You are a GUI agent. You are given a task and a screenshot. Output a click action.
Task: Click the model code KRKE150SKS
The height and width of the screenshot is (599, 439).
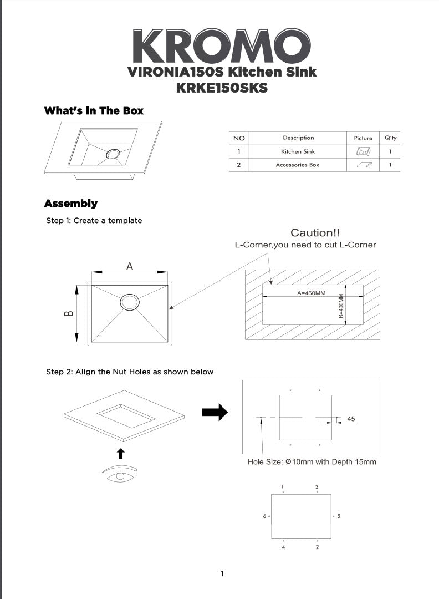[222, 88]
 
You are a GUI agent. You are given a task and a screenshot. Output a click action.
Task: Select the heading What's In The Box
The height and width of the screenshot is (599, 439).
[94, 111]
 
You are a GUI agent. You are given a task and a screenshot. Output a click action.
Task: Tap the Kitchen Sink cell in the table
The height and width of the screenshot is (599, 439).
[298, 151]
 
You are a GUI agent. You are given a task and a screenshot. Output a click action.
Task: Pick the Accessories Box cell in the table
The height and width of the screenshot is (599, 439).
[298, 165]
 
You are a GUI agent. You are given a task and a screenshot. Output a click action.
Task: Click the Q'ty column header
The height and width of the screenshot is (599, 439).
[390, 138]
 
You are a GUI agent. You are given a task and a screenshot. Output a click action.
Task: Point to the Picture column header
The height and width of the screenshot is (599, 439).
[363, 138]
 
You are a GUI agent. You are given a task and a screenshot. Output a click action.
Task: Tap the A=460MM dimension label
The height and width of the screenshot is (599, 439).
[312, 293]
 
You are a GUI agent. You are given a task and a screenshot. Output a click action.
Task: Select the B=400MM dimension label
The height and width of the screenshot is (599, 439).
[341, 306]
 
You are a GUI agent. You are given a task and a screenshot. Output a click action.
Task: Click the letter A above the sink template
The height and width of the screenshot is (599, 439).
[130, 266]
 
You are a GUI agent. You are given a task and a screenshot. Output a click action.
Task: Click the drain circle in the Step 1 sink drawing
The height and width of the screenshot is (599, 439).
[130, 302]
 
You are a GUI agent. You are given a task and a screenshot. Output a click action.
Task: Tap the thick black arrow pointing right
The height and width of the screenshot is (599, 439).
[215, 412]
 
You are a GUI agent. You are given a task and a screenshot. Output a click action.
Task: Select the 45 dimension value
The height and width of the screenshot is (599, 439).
[351, 419]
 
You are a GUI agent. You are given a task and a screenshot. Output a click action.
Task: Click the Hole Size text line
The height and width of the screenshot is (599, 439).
[312, 461]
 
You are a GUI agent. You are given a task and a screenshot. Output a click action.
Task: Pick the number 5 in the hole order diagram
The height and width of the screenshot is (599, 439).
[339, 516]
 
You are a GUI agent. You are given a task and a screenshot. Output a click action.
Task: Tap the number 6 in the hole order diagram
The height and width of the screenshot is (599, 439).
[264, 516]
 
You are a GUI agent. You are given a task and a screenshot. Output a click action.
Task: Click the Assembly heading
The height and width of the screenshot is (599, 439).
[70, 204]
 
